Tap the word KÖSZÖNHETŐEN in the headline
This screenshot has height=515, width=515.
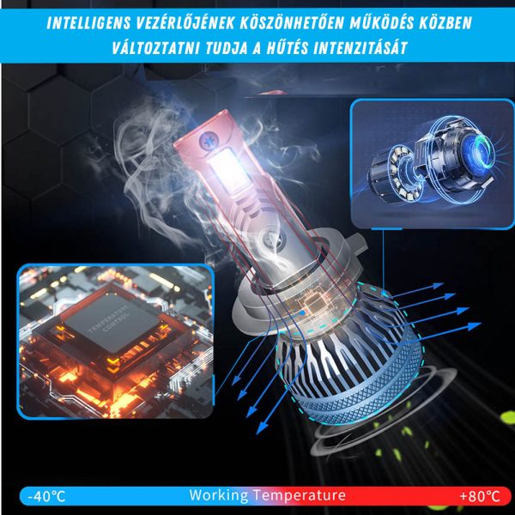point(292,23)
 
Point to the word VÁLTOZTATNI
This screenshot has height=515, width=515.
point(155,48)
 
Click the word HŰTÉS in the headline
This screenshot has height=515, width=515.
point(287,47)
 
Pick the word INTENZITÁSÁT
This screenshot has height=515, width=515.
point(360,48)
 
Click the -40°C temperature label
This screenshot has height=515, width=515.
point(46,496)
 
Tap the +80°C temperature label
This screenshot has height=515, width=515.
point(480,496)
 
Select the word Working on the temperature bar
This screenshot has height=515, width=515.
point(219,495)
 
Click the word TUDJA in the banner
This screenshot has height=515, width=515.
point(226,48)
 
